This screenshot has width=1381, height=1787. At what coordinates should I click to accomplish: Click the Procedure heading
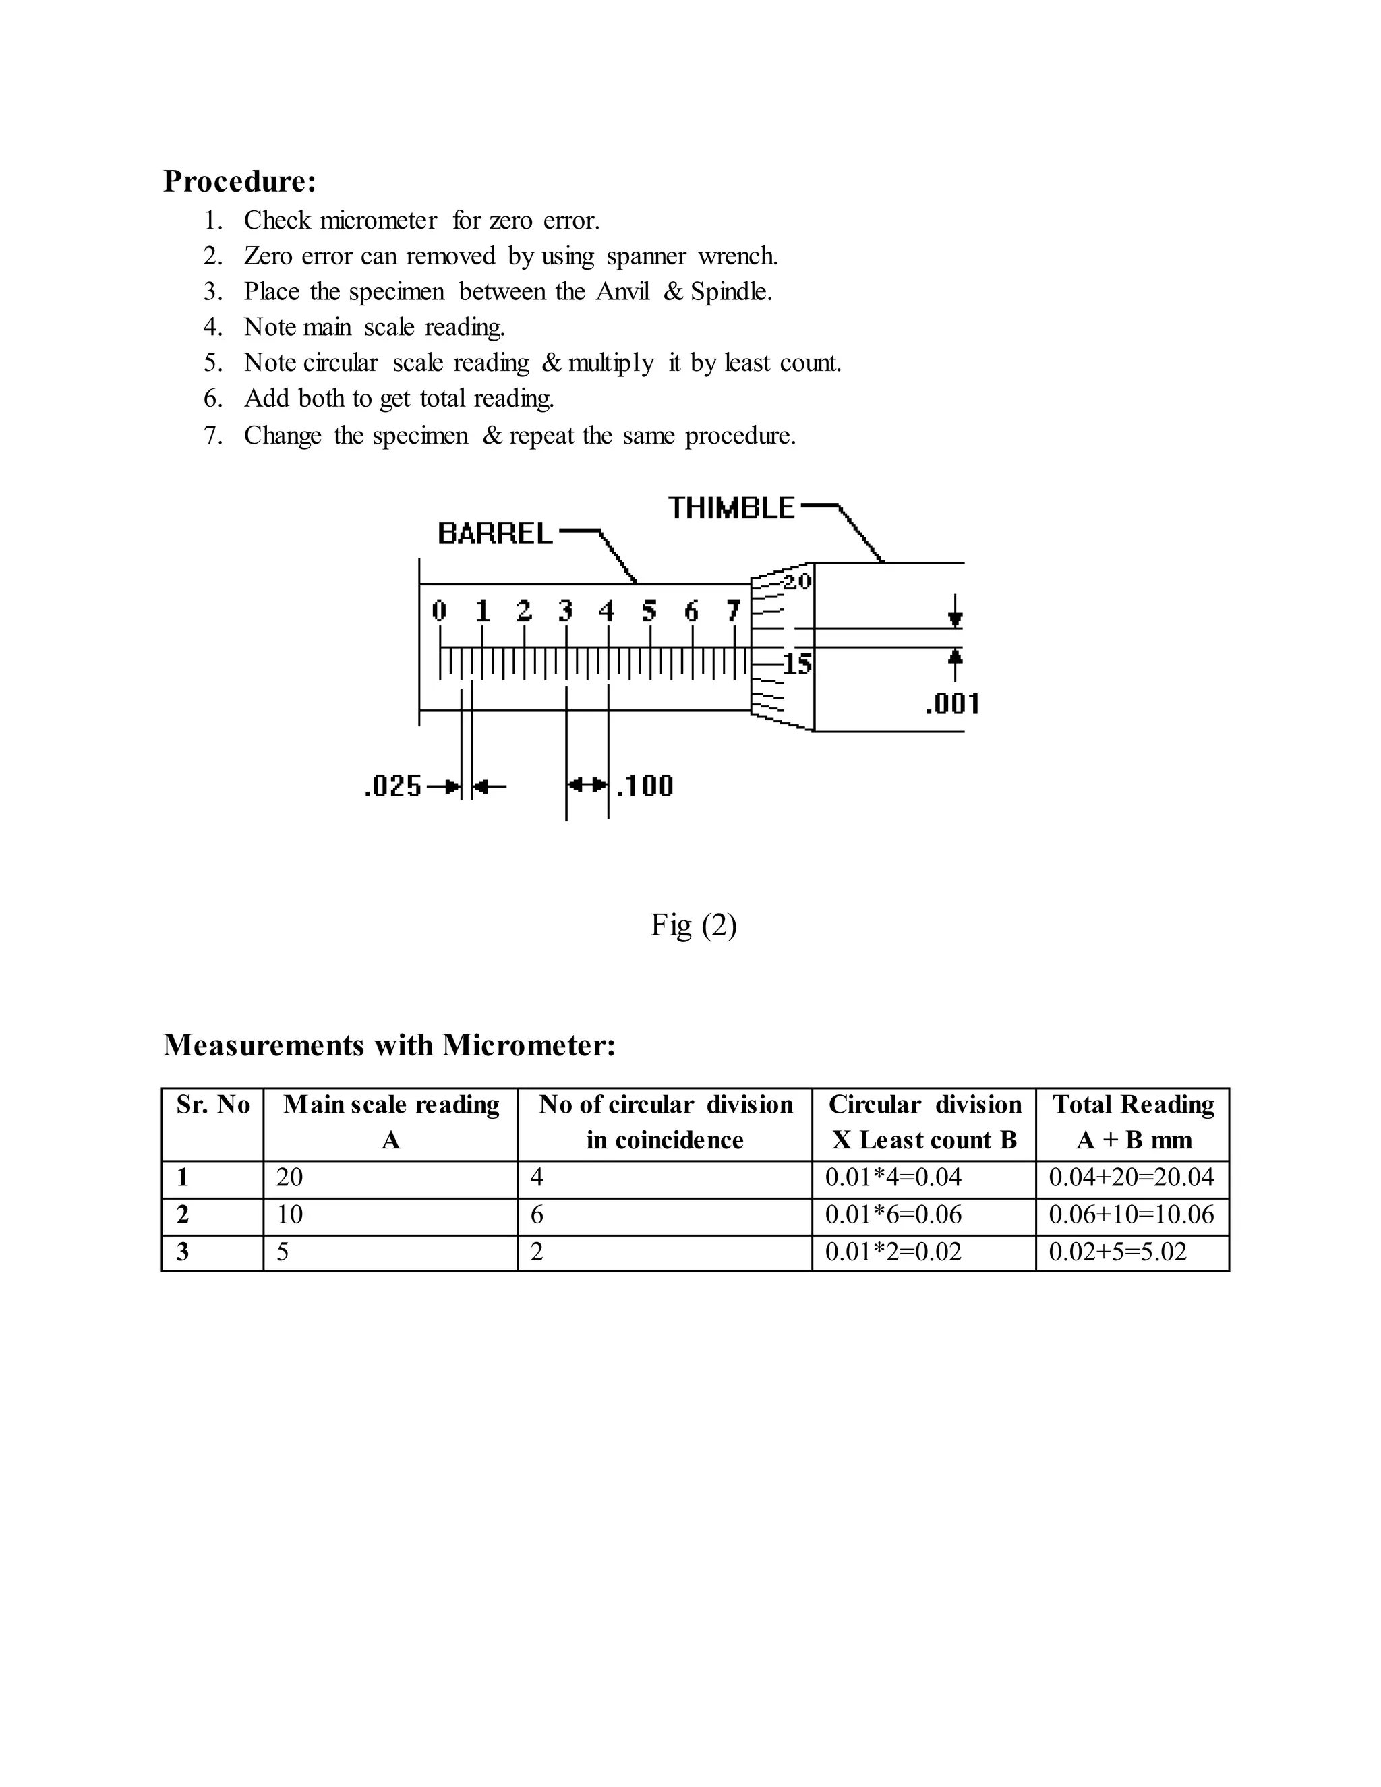coord(239,181)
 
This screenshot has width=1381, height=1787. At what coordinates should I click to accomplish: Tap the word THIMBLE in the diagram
coord(730,508)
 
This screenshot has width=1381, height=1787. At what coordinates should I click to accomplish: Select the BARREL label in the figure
coord(495,534)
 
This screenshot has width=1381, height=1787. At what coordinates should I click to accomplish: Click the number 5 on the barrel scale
coord(649,610)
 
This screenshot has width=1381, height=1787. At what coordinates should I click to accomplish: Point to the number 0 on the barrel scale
coord(440,610)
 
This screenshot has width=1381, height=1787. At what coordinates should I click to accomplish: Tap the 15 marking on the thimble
coord(797,664)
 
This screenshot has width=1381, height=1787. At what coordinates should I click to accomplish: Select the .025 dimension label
coord(392,786)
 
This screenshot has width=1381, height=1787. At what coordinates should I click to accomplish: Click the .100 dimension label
coord(645,786)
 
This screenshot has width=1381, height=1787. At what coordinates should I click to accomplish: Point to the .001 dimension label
coord(951,703)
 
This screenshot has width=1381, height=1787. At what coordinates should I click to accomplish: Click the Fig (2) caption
coord(694,925)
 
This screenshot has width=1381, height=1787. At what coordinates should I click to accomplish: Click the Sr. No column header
coord(212,1105)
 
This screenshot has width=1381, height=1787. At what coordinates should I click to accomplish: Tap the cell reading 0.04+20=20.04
coord(1132,1177)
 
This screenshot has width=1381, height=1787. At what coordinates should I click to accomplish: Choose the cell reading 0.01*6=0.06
coord(893,1214)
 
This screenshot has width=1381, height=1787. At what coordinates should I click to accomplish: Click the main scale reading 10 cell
coord(289,1214)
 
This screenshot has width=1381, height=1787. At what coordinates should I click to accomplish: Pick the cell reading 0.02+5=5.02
coord(1117,1252)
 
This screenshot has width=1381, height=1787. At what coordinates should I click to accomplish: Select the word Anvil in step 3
coord(622,292)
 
